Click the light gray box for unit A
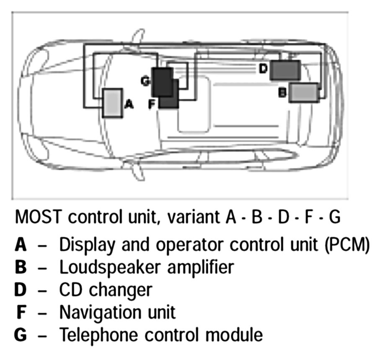coord(111,103)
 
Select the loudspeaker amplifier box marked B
coord(304,93)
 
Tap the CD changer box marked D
coord(285,70)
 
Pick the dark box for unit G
coord(162,82)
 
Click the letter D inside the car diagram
coord(263,68)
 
